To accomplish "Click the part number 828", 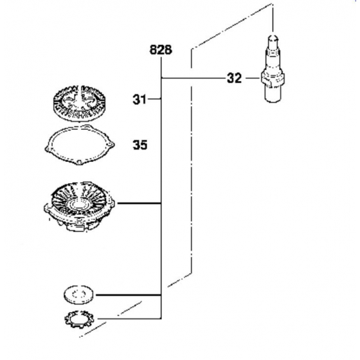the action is pyautogui.click(x=161, y=50).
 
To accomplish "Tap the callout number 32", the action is pyautogui.click(x=234, y=78).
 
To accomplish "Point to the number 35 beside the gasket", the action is pyautogui.click(x=140, y=145).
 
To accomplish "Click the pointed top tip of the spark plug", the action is pyautogui.click(x=273, y=37).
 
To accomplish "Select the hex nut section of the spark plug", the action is pyautogui.click(x=273, y=80).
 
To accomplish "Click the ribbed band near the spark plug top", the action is pyautogui.click(x=273, y=51).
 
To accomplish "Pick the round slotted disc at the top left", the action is pyautogui.click(x=78, y=102).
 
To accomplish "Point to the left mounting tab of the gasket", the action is pyautogui.click(x=46, y=147).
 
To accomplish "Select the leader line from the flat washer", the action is pyautogui.click(x=129, y=295).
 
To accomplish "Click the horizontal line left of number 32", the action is pyautogui.click(x=193, y=78).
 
